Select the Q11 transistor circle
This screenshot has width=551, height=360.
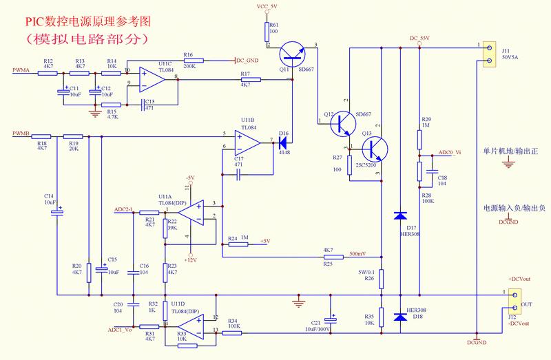point(295,54)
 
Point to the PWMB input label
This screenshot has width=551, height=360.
point(21,132)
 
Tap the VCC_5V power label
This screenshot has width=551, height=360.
point(266,6)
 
